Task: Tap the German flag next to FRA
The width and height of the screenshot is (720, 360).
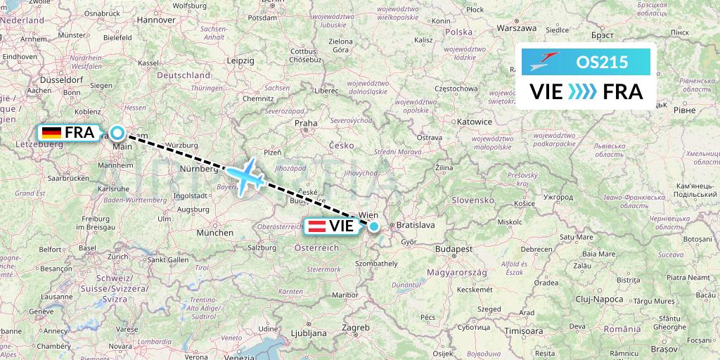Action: coord(51,132)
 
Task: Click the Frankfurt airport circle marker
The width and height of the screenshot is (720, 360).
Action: coord(117,132)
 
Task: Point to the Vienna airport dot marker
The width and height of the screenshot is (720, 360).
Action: coord(374,226)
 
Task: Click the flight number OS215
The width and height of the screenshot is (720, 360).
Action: coord(603,62)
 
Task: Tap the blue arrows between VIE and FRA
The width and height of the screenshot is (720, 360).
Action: coord(582,91)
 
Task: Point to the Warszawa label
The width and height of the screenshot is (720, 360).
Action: coord(516,28)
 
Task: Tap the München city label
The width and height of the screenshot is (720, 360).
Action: coord(215,232)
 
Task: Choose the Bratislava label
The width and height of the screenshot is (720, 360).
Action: coord(416,225)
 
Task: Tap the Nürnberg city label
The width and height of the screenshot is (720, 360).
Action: coord(198,169)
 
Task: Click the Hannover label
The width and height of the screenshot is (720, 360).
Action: coord(155,20)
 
